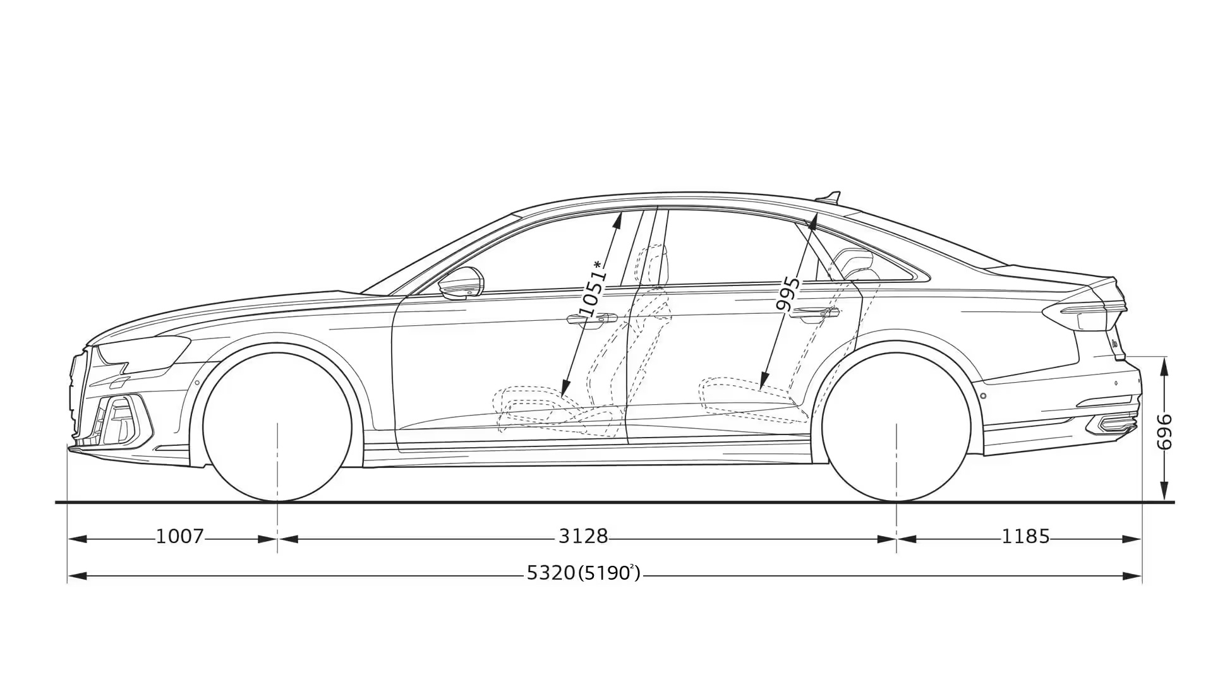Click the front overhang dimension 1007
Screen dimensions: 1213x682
[x=180, y=537]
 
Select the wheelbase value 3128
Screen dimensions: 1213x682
[x=583, y=537]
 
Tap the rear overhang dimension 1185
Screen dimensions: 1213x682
[x=1025, y=537]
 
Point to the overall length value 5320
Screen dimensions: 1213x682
[x=551, y=573]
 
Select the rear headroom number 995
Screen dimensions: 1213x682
[x=788, y=294]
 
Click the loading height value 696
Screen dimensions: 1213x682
[x=1164, y=432]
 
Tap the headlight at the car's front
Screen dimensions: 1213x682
[x=142, y=352]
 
